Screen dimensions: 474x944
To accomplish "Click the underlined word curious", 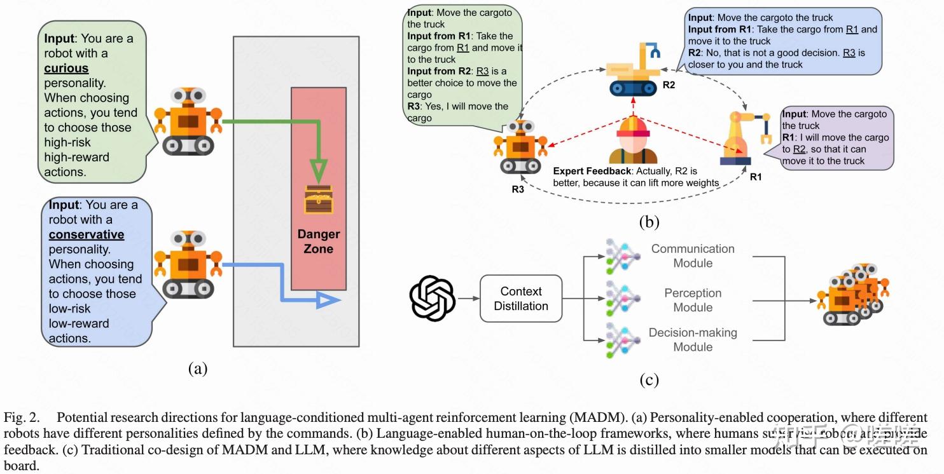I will (x=66, y=68).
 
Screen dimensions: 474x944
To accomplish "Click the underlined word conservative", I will (x=87, y=234).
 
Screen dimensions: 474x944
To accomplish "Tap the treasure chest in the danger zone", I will (x=319, y=200).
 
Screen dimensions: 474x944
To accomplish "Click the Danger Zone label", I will (x=319, y=241).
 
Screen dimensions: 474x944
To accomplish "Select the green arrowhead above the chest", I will (x=319, y=172).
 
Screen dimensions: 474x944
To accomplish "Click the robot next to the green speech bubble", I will (x=188, y=121).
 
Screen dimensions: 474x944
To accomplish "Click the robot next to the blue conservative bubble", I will (x=188, y=264).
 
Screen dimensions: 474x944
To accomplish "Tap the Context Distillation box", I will (x=521, y=299).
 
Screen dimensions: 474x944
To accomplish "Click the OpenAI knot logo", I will (x=433, y=299).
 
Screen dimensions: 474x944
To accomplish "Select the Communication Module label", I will (x=692, y=256).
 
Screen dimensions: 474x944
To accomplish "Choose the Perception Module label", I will (x=693, y=300).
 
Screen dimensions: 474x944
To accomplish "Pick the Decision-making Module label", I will (x=693, y=340).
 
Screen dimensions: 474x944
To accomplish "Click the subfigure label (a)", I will (x=197, y=368).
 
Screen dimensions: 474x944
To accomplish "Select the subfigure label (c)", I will (x=648, y=380).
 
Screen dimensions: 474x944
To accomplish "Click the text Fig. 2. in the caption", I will (x=21, y=417).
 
